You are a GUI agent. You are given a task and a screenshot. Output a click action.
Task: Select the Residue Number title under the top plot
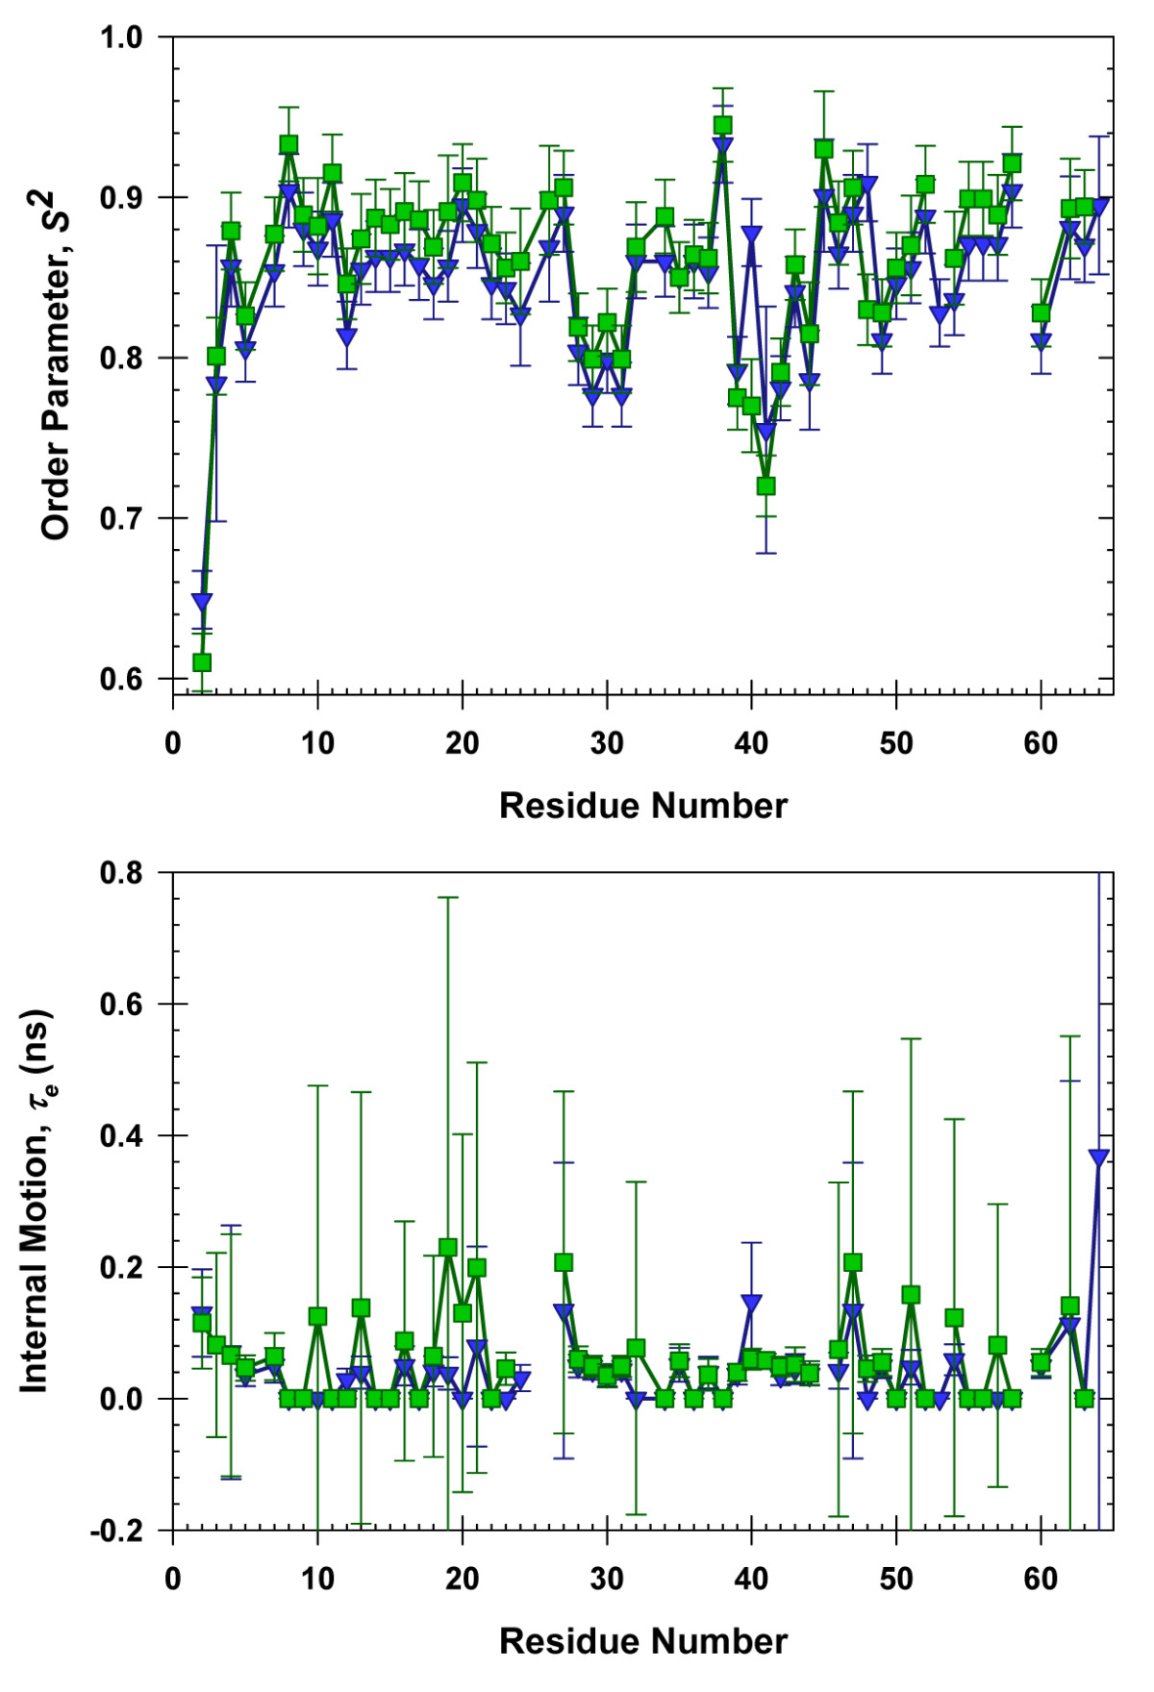tap(642, 806)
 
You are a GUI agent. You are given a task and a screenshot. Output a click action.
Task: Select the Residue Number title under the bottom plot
tap(642, 1641)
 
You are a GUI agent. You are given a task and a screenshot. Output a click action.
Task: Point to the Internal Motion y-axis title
tap(37, 1202)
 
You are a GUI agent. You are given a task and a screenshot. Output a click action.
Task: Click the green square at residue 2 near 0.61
tap(202, 662)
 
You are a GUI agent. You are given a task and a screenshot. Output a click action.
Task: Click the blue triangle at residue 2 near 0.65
tap(202, 602)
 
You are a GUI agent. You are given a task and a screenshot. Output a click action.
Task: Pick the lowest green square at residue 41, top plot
tap(765, 486)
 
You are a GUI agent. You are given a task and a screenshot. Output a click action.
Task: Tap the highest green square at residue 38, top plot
tap(722, 125)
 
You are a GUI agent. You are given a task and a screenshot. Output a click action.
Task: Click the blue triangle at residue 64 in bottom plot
tap(1098, 1157)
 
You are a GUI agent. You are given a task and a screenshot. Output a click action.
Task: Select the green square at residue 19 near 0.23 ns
tap(448, 1248)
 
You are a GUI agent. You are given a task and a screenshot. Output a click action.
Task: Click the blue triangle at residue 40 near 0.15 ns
tap(751, 1303)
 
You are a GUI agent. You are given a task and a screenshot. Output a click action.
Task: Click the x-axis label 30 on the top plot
tap(607, 743)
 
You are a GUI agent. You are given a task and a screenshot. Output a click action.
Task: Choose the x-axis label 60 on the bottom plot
tap(1041, 1579)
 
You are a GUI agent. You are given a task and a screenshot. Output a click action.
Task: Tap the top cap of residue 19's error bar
tap(448, 897)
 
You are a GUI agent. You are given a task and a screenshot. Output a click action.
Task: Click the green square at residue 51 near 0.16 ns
tap(911, 1295)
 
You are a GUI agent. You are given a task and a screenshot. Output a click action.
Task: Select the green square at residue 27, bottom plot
tap(564, 1262)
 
